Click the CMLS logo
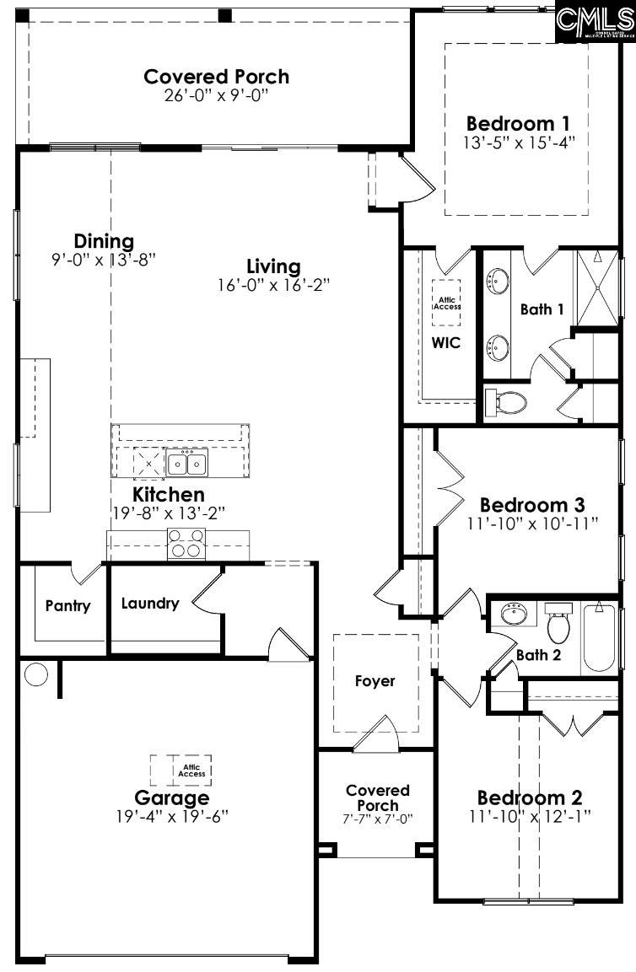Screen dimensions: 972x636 (x=595, y=21)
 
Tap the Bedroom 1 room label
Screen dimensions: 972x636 (x=519, y=121)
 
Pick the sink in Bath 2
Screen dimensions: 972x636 (x=515, y=613)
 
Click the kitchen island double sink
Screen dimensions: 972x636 (x=187, y=463)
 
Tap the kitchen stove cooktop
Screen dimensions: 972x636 (x=186, y=544)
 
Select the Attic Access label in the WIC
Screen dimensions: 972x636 (x=447, y=303)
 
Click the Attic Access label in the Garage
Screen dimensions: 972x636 (x=191, y=771)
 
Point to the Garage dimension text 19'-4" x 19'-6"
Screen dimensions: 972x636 (x=172, y=816)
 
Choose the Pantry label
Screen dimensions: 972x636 (x=67, y=605)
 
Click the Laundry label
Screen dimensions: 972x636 (x=149, y=603)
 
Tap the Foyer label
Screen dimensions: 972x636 (x=375, y=681)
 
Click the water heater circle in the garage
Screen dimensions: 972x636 (x=36, y=674)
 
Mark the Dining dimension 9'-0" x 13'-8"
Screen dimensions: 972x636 (x=104, y=260)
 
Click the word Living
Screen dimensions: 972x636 (x=273, y=266)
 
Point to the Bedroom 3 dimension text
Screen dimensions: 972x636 (x=532, y=523)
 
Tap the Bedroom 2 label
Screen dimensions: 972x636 (x=531, y=797)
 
